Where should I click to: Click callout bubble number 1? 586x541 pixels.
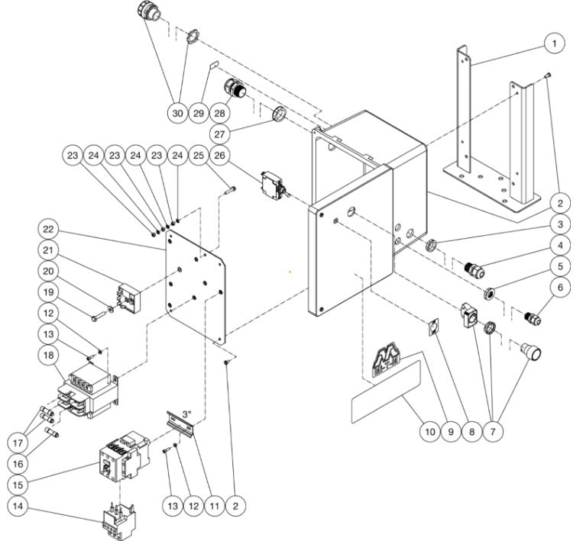pyautogui.click(x=555, y=44)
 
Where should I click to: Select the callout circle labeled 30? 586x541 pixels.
pyautogui.click(x=177, y=113)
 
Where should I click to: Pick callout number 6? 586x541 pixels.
pyautogui.click(x=559, y=288)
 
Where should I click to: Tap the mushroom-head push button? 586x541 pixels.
pyautogui.click(x=529, y=353)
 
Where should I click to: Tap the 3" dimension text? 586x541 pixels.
pyautogui.click(x=187, y=414)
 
